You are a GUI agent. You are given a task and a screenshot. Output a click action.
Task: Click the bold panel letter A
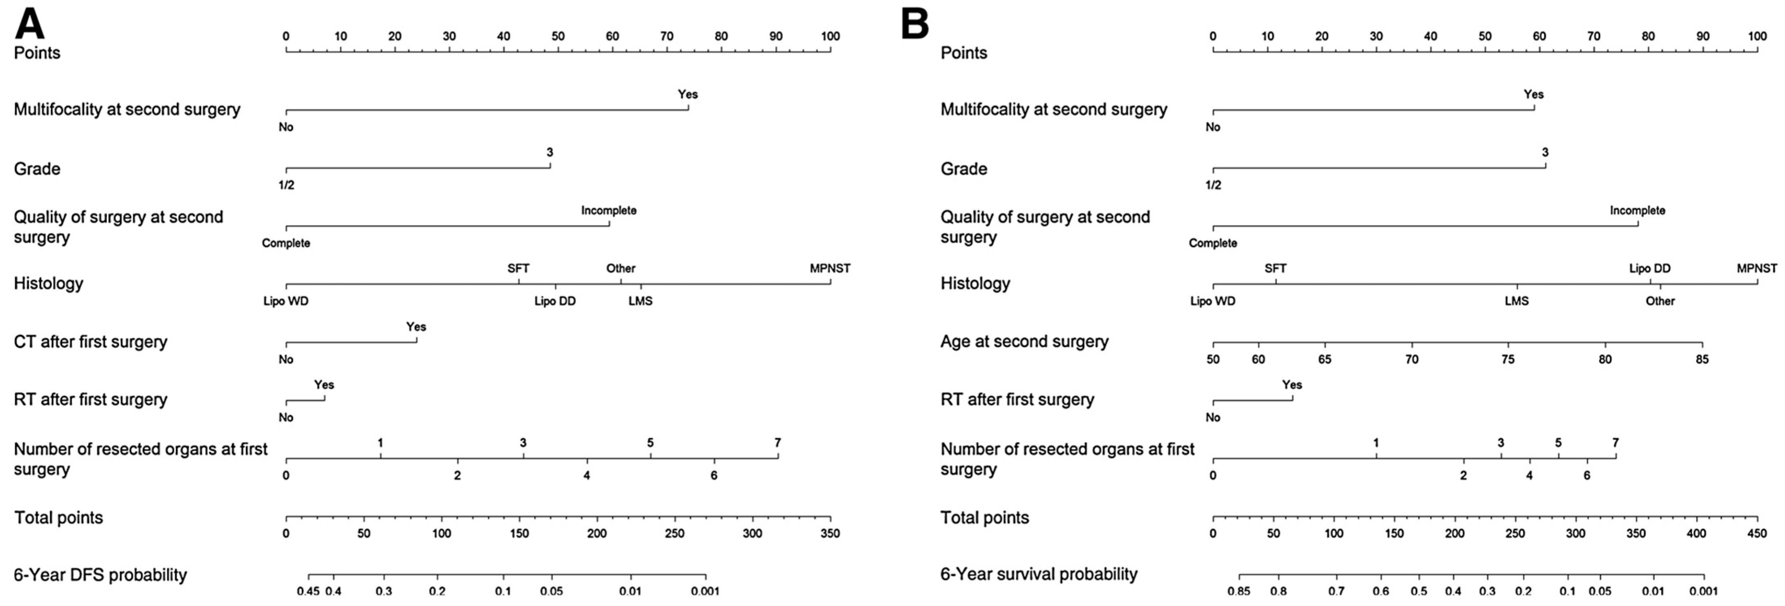[30, 24]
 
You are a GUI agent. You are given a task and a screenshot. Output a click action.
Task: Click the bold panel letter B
[915, 24]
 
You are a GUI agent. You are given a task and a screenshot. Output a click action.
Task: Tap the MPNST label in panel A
[829, 268]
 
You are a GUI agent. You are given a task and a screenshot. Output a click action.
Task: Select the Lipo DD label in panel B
[1649, 268]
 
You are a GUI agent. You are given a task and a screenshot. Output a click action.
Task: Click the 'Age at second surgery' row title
[1024, 341]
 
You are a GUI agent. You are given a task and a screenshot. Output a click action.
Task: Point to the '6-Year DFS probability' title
[100, 575]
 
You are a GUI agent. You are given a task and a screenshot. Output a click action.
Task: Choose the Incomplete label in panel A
[608, 210]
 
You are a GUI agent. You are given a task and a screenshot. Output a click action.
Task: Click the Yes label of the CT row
[416, 326]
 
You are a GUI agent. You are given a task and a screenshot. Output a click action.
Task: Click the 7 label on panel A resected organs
[777, 442]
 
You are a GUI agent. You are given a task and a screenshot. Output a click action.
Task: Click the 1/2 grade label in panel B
[1213, 185]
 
